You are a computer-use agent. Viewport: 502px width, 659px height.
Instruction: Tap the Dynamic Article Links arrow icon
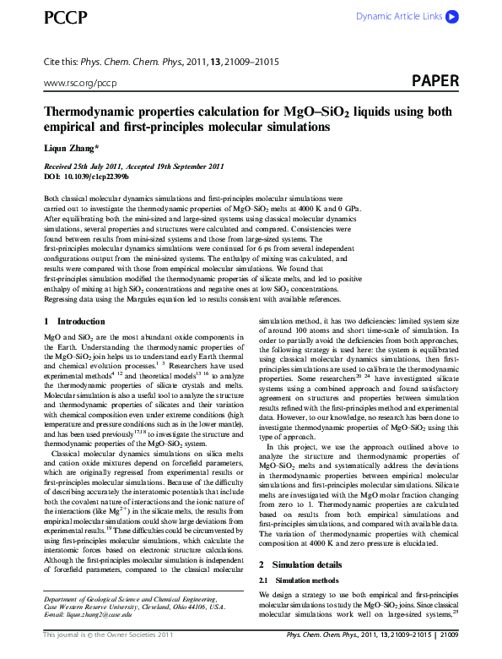(x=452, y=16)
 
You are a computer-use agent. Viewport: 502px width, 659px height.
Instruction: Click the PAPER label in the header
(x=435, y=81)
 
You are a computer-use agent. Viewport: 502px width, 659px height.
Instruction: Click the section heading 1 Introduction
(x=74, y=322)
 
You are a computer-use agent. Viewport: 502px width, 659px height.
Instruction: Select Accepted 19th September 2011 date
(x=177, y=166)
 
